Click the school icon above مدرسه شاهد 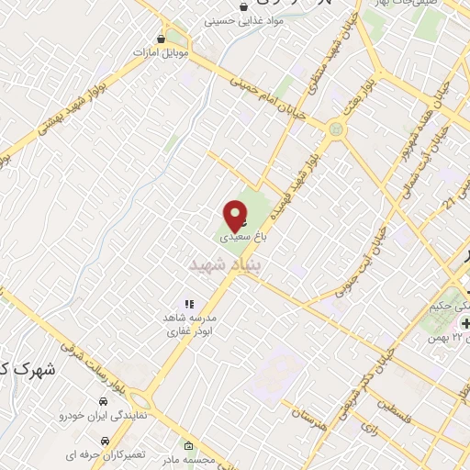click(x=189, y=304)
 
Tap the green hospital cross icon click(x=466, y=324)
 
